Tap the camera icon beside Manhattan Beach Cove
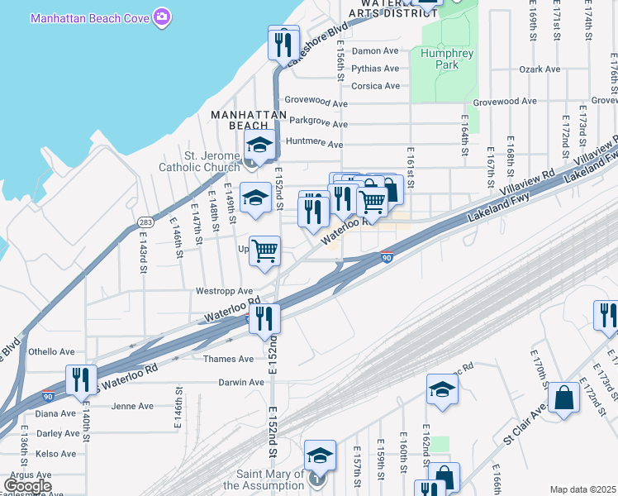162,17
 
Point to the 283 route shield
145,222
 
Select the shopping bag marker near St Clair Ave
563,398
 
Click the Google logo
26,487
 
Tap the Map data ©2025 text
582,489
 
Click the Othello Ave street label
52,351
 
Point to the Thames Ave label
229,360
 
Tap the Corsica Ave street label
375,86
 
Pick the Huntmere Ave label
313,145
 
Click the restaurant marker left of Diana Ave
81,379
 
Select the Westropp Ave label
224,291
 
